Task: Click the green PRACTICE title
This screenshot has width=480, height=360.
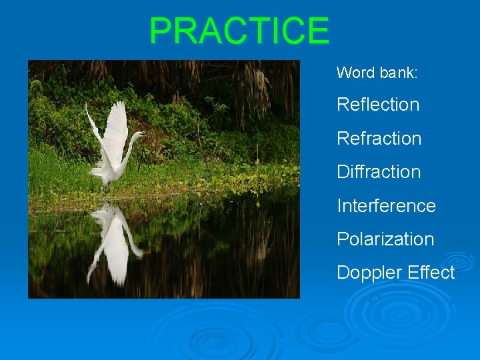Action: pos(239,31)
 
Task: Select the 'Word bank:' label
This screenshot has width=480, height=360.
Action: pos(377,73)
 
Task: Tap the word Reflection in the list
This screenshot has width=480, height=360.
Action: pos(377,105)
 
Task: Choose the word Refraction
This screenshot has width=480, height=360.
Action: pos(379,139)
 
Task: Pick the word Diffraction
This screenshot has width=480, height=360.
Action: pos(379,172)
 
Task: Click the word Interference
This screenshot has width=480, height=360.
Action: pos(386,206)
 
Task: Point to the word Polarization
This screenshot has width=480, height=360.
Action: pos(385,239)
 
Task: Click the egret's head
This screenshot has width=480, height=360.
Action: pos(138,134)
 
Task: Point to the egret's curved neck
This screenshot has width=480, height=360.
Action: pos(129,148)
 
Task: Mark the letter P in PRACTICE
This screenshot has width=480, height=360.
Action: pos(161,31)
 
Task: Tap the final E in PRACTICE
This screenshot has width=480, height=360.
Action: pos(318,31)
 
